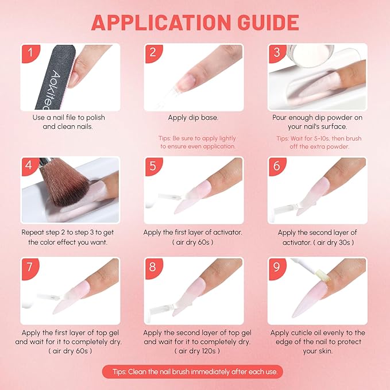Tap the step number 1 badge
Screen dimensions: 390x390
pyautogui.click(x=30, y=53)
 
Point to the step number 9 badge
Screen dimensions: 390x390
pyautogui.click(x=277, y=267)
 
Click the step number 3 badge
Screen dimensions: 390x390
pyautogui.click(x=277, y=53)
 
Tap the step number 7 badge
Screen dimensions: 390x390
pyautogui.click(x=30, y=267)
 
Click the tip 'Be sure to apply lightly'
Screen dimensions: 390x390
pyautogui.click(x=198, y=138)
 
